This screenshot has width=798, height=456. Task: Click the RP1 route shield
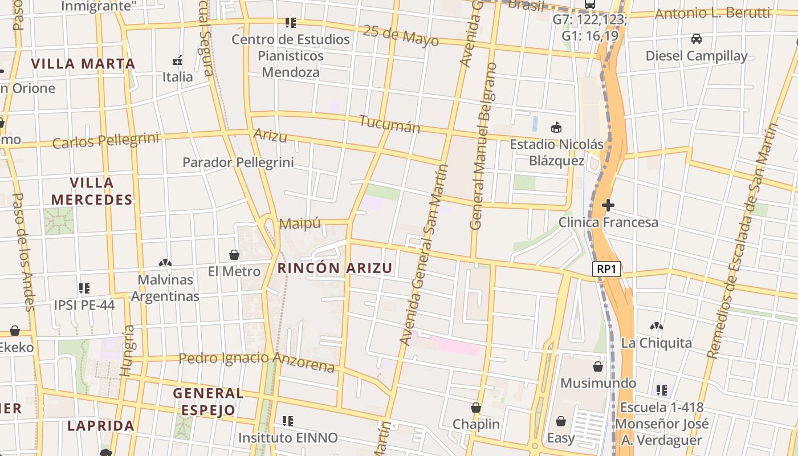(606, 270)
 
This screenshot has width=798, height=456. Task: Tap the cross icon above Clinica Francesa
(608, 205)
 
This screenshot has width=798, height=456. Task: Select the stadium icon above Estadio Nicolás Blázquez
(556, 127)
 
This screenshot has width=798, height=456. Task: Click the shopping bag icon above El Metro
(234, 254)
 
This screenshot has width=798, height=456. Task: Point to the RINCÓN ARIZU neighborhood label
(335, 268)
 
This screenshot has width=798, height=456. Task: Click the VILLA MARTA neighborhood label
(83, 63)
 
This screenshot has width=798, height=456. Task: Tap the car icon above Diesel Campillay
(696, 39)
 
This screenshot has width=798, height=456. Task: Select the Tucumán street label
(389, 124)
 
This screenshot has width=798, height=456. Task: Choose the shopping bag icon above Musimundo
(598, 366)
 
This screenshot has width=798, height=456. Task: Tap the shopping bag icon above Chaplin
(476, 408)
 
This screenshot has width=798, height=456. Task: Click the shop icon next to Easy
(561, 421)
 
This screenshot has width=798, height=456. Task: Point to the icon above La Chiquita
(657, 327)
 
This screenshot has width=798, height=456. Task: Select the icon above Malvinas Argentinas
(165, 263)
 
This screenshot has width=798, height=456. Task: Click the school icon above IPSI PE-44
(84, 288)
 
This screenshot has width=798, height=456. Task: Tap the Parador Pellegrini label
(238, 162)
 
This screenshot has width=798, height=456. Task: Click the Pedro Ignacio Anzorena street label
(256, 360)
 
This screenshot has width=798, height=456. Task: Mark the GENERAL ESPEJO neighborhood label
(208, 401)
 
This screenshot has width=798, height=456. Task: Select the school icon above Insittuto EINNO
(288, 421)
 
